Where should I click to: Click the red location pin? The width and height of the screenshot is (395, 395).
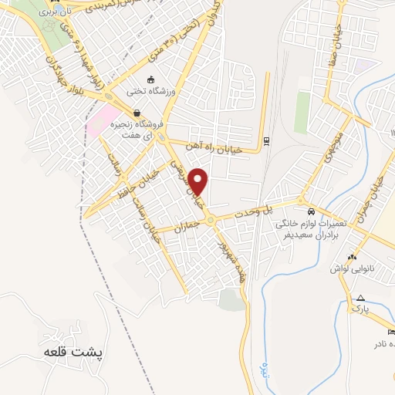(x=199, y=181)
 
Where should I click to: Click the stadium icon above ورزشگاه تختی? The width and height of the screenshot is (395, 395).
(x=151, y=79)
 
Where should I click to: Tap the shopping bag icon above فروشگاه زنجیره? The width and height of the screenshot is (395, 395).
(x=137, y=113)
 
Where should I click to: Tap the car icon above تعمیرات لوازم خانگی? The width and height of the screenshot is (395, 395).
(x=310, y=212)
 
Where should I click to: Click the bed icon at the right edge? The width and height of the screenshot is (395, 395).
(x=391, y=332)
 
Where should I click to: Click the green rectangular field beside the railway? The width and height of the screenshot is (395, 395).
(x=302, y=113)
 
